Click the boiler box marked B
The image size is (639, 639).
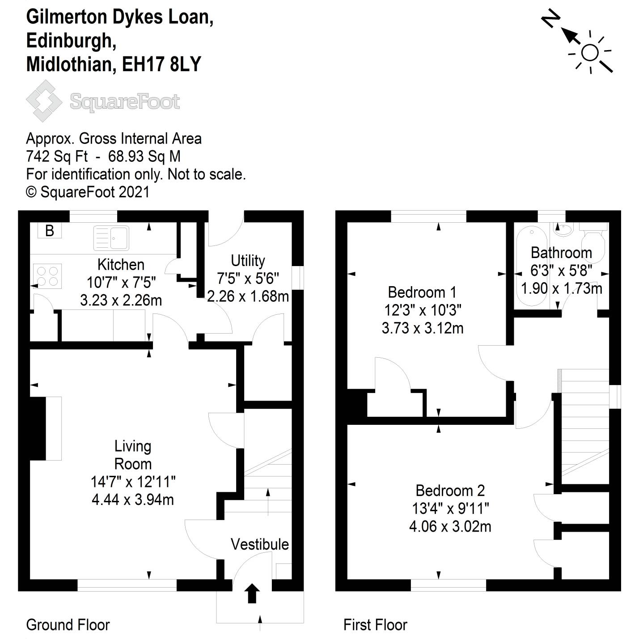[50, 231]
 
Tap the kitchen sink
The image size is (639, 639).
[111, 238]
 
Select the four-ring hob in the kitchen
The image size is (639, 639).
[47, 276]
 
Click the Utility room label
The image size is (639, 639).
[248, 261]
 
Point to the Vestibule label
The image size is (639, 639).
[259, 544]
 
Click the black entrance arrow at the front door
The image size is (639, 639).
[252, 593]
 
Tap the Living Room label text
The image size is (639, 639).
[133, 455]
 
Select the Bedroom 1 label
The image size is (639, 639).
[422, 292]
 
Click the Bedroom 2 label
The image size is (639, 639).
[450, 491]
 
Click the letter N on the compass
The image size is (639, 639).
[551, 20]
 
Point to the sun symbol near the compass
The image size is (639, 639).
[590, 53]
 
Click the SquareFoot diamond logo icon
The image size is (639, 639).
[44, 101]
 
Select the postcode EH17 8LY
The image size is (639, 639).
[161, 64]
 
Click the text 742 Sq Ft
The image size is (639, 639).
[57, 157]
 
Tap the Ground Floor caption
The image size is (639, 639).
[68, 625]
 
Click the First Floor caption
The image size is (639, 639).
[375, 625]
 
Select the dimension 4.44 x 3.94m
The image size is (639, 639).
[133, 499]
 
